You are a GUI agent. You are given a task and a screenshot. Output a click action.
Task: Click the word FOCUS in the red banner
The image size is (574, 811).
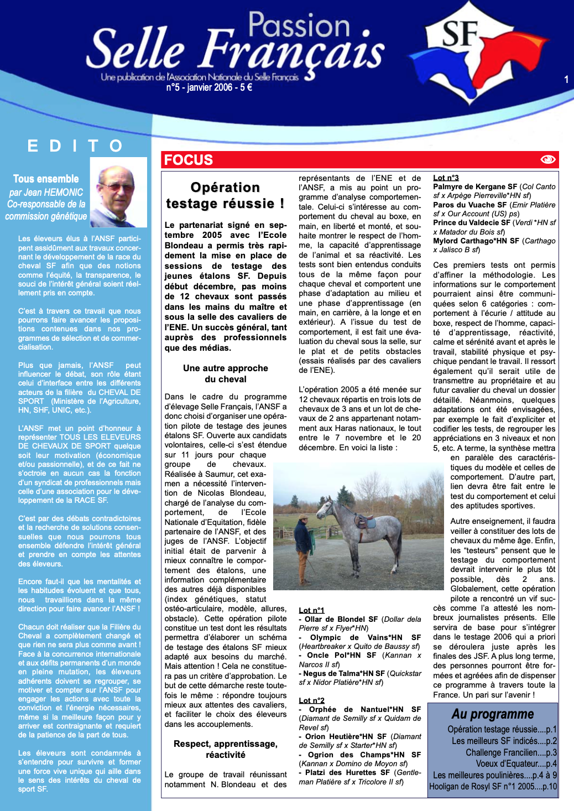189,160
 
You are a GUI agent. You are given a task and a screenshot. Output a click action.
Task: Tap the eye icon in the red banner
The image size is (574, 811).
547,159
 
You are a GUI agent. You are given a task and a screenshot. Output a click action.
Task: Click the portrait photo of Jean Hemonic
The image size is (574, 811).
118,193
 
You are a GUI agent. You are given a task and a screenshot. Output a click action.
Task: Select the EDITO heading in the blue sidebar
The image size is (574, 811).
75,146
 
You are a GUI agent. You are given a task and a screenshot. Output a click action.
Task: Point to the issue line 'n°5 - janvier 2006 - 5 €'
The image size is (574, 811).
209,87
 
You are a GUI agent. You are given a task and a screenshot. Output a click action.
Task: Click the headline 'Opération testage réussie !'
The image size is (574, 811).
225,195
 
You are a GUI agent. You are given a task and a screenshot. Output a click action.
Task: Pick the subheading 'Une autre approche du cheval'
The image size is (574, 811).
225,373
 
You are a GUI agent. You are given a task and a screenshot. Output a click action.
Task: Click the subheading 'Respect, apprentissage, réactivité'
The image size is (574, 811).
225,749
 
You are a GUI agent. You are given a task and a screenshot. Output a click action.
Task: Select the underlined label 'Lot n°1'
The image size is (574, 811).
311,610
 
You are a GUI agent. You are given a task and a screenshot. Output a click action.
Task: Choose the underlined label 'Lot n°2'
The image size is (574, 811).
311,700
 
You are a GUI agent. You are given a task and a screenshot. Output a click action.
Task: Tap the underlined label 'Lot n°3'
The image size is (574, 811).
446,178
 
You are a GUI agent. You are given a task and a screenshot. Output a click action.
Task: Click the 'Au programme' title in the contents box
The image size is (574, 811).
492,714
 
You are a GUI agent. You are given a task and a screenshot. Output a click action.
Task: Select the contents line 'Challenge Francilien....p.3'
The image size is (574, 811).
511,752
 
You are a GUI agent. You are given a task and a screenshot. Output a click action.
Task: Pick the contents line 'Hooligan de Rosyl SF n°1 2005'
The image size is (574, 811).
493,786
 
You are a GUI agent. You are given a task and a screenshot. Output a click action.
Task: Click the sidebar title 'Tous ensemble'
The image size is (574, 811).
46,179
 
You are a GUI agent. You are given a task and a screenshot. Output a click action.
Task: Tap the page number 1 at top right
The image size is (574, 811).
566,80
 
